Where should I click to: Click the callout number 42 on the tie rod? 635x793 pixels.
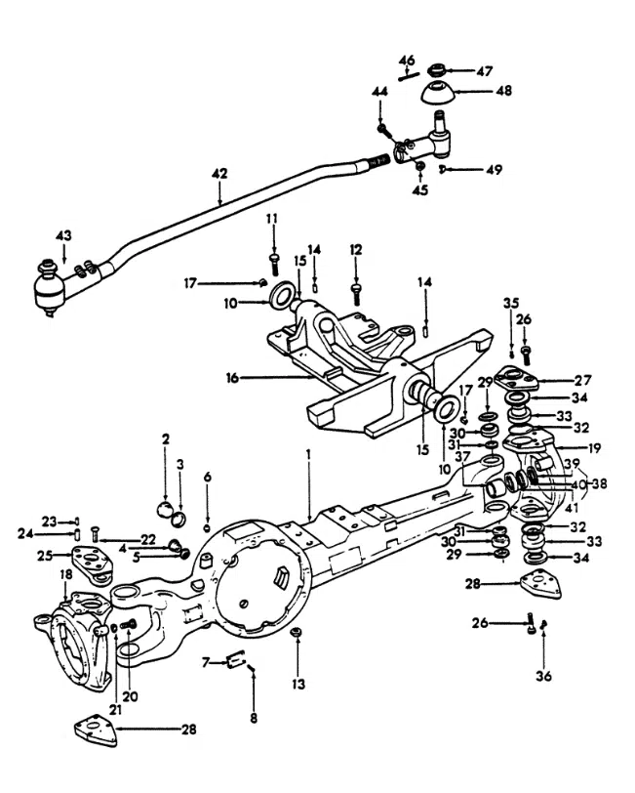[219, 174]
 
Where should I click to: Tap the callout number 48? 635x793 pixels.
[503, 91]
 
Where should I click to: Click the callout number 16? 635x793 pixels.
[232, 377]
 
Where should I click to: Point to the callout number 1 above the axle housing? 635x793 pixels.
[308, 454]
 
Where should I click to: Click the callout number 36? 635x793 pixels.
[543, 676]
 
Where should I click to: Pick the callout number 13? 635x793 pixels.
[298, 685]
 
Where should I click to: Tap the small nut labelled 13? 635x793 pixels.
[298, 632]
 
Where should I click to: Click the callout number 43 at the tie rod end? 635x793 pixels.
[63, 235]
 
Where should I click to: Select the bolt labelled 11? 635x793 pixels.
[274, 264]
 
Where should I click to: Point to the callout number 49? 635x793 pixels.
[495, 169]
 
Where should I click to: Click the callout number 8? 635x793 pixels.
[254, 717]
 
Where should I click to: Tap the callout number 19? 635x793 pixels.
[594, 448]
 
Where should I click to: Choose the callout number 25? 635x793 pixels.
[46, 556]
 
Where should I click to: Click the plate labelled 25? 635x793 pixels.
[91, 564]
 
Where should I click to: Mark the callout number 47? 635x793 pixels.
[484, 71]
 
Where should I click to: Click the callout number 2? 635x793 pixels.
[166, 439]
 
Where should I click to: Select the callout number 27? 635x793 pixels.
[583, 380]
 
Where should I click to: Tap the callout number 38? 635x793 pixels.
[600, 484]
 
